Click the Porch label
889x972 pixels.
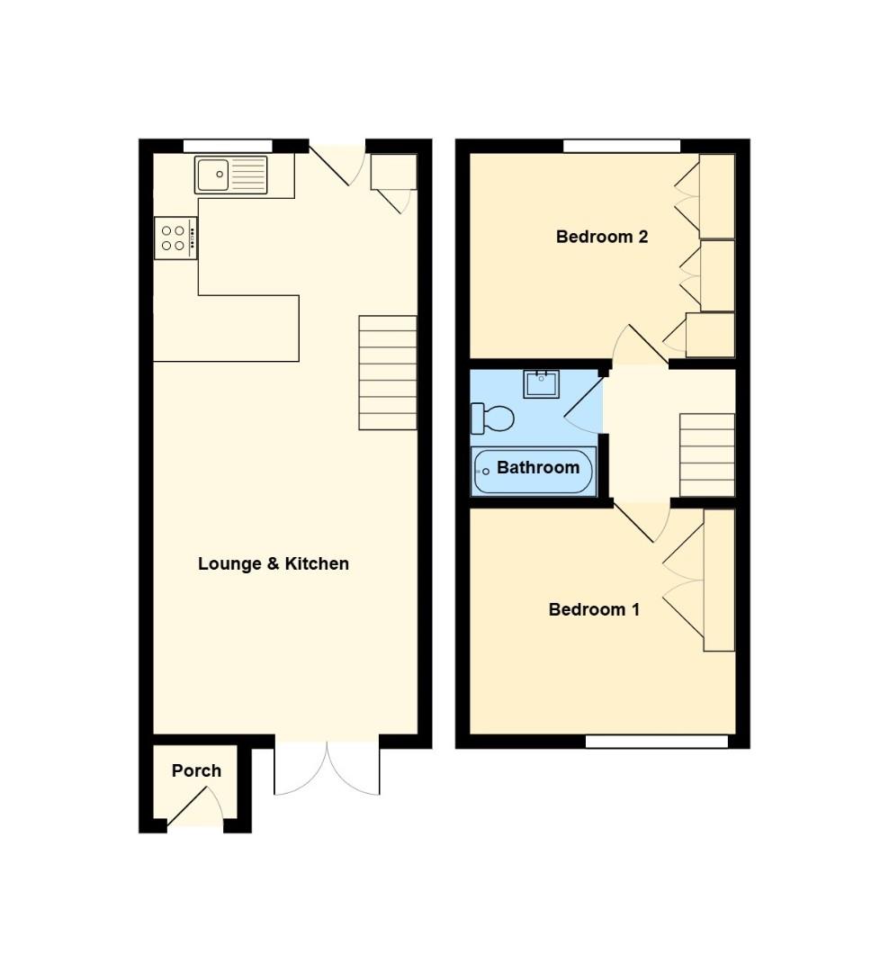click(196, 770)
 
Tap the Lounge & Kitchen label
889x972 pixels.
click(273, 564)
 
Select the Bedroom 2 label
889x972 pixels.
click(602, 238)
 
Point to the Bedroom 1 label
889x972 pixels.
click(594, 610)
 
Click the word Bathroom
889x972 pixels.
click(537, 468)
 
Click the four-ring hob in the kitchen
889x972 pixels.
click(175, 238)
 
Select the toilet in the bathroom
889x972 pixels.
click(492, 418)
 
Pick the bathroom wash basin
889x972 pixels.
click(542, 383)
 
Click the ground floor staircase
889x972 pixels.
click(388, 372)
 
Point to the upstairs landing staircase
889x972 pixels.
click(706, 454)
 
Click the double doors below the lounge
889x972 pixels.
click(327, 767)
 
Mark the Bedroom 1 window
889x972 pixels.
click(656, 742)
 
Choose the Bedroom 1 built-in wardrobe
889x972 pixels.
click(719, 580)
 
